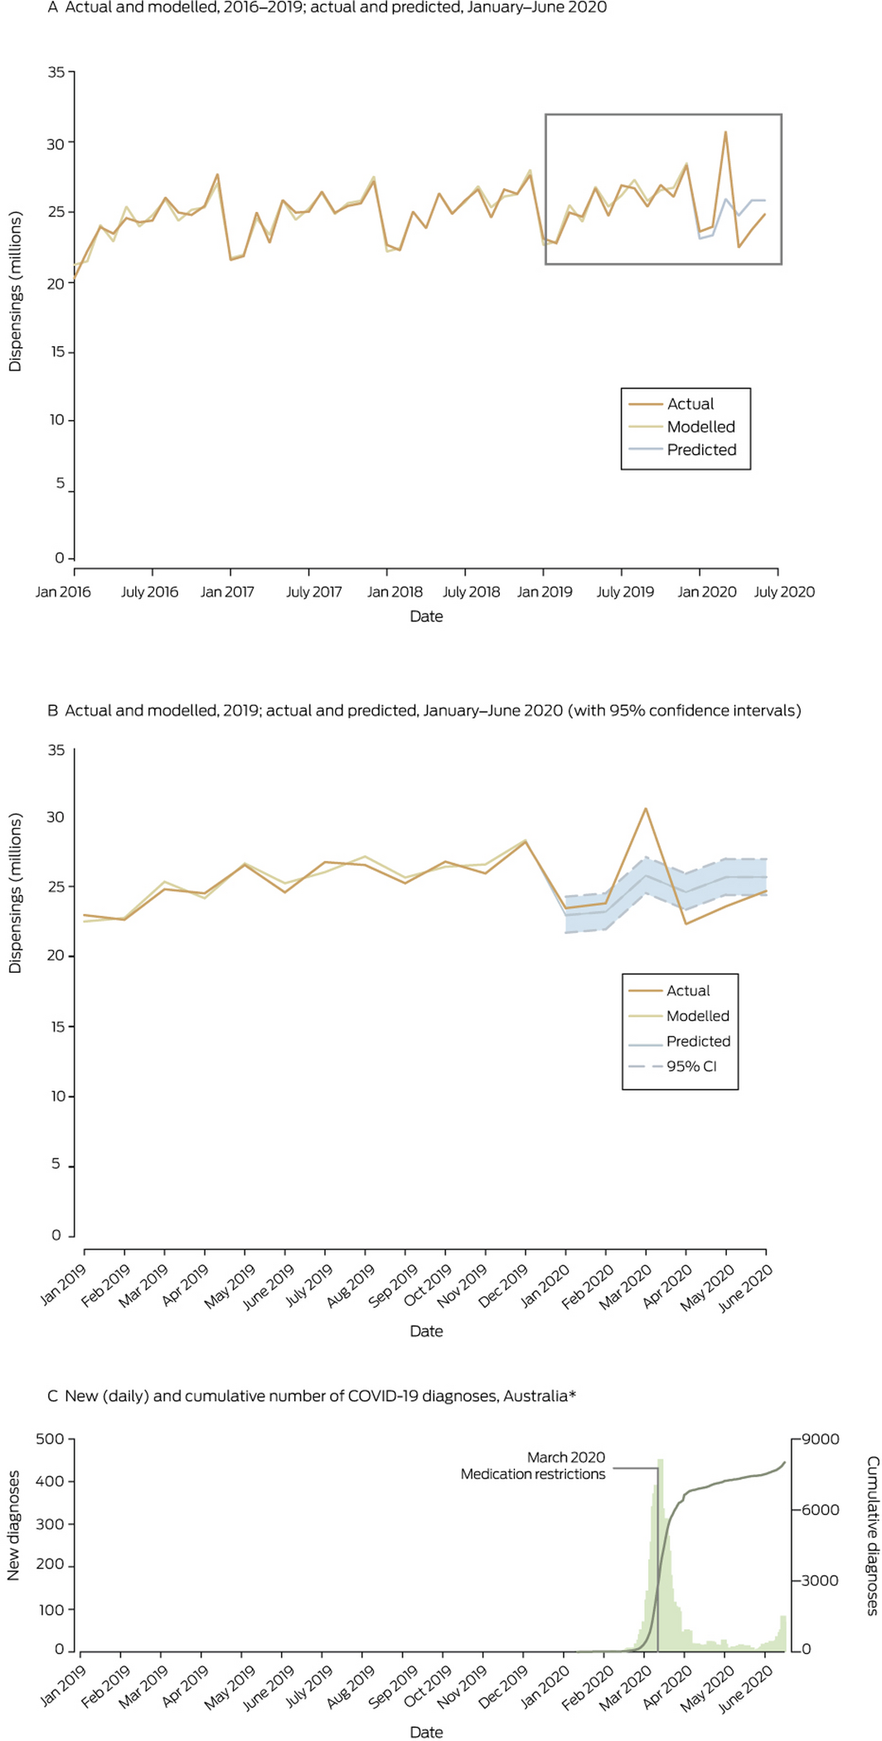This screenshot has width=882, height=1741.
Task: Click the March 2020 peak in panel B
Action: [x=646, y=809]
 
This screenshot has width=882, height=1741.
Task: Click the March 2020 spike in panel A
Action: [x=725, y=132]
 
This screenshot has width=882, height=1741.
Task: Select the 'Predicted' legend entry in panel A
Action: [x=701, y=450]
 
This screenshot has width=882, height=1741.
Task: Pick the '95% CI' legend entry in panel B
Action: [x=691, y=1066]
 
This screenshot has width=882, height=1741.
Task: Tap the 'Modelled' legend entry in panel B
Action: [x=698, y=1016]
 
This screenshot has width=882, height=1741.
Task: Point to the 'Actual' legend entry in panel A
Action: [x=690, y=404]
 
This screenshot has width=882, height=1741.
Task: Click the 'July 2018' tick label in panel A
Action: [x=471, y=592]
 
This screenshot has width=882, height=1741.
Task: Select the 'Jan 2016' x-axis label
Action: [x=63, y=592]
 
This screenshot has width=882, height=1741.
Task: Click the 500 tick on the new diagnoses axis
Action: [x=50, y=1439]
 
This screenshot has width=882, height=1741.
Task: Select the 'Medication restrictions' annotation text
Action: [x=533, y=1474]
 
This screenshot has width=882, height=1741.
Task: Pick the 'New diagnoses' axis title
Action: [x=13, y=1536]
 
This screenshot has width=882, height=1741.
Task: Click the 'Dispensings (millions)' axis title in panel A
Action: [x=15, y=292]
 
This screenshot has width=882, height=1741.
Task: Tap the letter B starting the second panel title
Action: [x=53, y=710]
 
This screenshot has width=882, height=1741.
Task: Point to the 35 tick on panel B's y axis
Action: [x=56, y=750]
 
